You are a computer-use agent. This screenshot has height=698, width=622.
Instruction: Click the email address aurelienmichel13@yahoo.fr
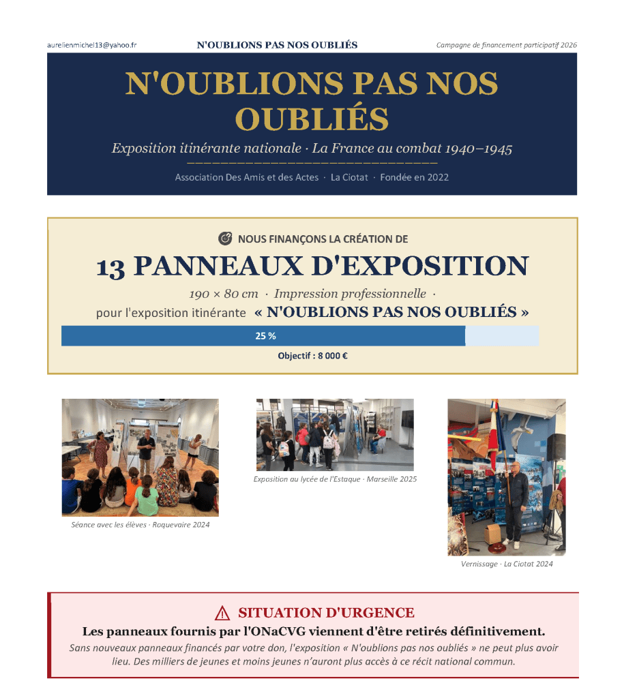point(92,45)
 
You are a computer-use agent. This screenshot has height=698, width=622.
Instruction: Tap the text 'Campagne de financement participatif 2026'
point(506,45)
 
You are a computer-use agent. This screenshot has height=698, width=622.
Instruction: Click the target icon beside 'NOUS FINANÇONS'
point(225,239)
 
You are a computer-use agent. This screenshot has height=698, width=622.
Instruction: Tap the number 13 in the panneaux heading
point(110,267)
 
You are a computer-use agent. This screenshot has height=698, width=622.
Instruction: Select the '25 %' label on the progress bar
point(265,336)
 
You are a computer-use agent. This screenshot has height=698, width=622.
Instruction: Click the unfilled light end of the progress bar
point(502,336)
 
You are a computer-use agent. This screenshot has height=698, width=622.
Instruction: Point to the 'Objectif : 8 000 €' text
point(312,356)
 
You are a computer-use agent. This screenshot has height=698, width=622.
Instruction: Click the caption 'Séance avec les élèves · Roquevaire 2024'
point(140,525)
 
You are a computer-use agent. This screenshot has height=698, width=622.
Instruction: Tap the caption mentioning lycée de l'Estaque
point(335,479)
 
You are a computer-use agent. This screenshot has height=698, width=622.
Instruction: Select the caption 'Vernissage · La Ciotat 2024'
point(506,564)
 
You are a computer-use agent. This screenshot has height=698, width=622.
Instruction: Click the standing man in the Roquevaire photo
point(146,451)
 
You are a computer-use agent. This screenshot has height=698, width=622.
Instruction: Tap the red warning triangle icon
point(222,613)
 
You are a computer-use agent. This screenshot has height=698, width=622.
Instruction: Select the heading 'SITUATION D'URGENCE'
point(326,613)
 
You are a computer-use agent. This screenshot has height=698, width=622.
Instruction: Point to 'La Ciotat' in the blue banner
point(349,177)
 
